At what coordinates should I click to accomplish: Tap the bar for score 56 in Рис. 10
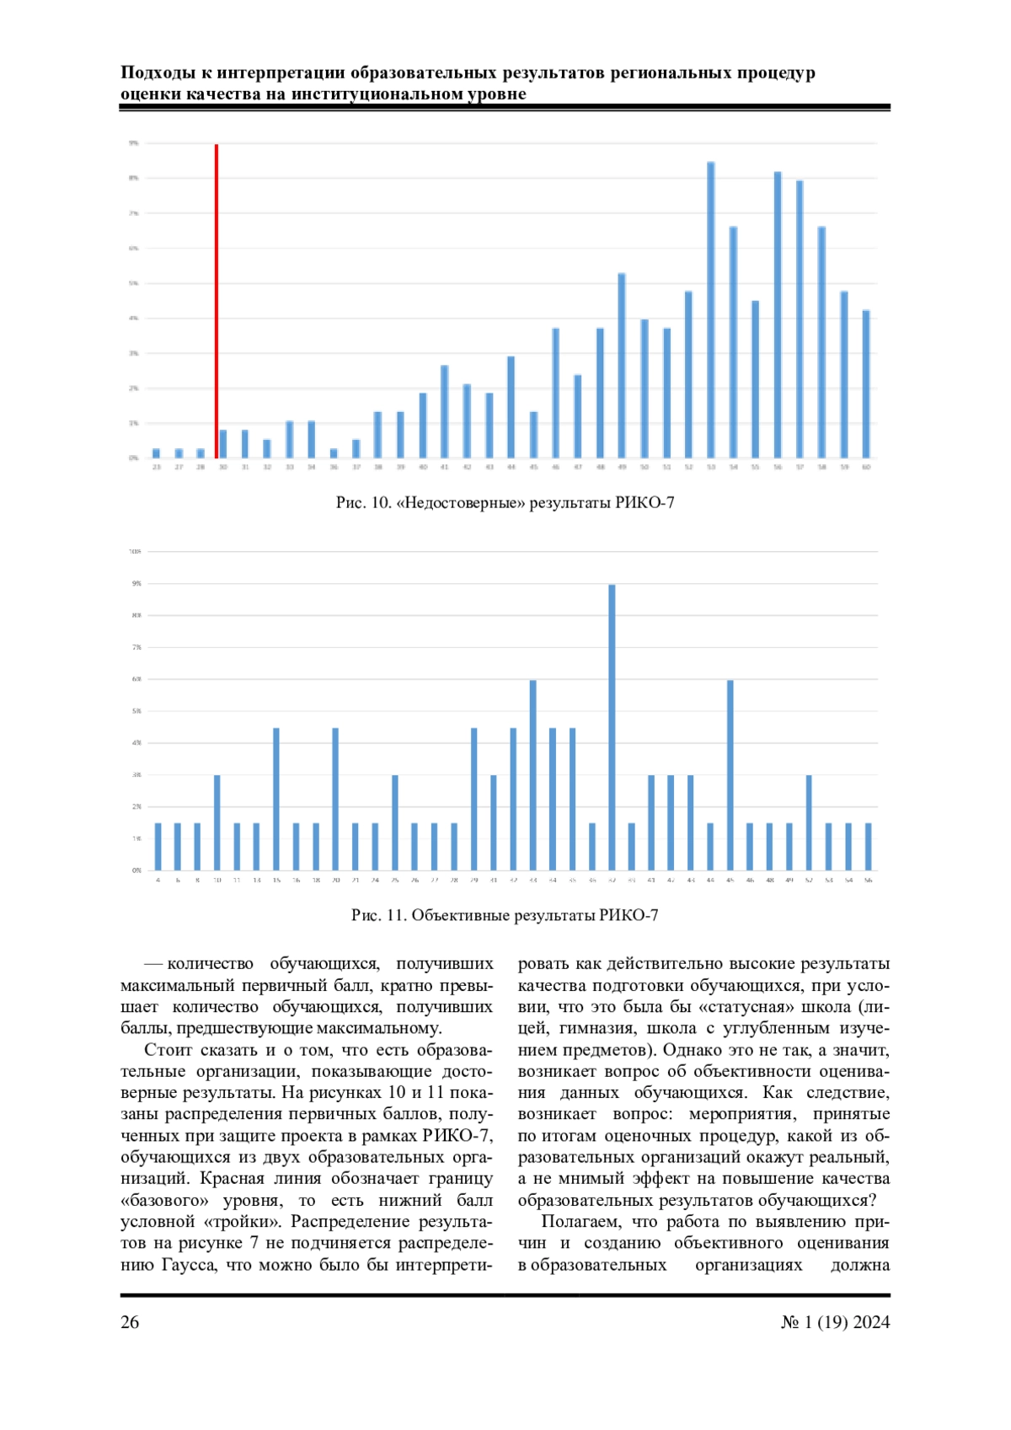click(x=778, y=315)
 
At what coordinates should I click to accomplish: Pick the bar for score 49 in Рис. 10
click(x=622, y=366)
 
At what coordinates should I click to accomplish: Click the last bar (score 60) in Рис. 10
click(x=866, y=384)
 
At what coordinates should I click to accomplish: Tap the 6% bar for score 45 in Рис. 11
click(x=730, y=775)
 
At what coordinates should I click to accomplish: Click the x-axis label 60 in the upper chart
click(x=866, y=467)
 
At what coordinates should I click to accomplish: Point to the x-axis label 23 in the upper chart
click(x=157, y=467)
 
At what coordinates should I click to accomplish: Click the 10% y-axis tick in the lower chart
click(x=135, y=551)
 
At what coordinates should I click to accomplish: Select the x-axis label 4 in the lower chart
click(x=158, y=880)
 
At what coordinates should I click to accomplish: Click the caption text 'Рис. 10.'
click(x=363, y=503)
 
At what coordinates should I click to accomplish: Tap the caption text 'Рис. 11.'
click(x=378, y=915)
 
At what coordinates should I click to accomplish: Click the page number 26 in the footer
click(x=130, y=1322)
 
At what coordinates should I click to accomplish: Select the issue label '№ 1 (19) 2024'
click(x=835, y=1322)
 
